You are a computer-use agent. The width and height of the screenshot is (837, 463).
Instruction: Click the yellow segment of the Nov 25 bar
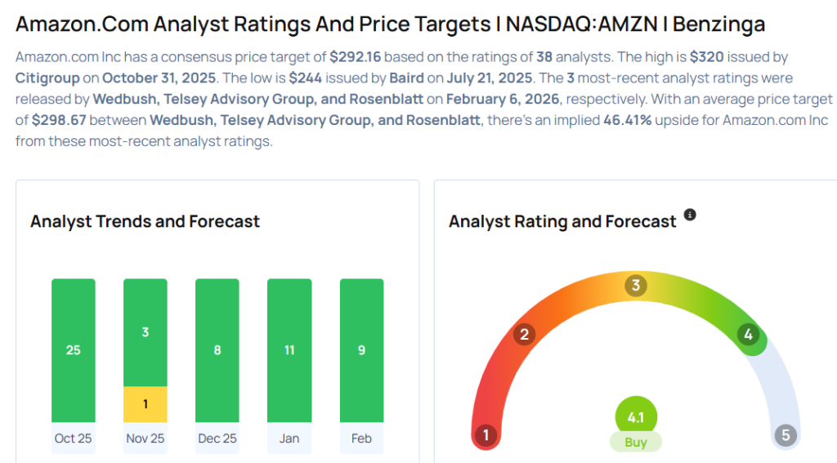tap(145, 404)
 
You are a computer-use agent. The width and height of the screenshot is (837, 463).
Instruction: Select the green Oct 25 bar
tap(74, 350)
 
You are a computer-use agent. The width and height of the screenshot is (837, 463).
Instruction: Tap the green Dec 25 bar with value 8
tap(217, 350)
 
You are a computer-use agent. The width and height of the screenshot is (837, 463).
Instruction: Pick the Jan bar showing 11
tap(289, 350)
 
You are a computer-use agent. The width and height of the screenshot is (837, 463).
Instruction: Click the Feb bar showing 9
tap(361, 350)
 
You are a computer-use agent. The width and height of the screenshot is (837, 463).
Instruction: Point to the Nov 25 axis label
tap(145, 439)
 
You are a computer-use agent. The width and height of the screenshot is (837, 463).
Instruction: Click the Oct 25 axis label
tap(74, 439)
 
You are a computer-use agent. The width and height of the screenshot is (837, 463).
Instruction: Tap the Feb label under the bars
tap(361, 439)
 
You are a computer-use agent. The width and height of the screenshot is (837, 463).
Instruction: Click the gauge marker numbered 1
tap(486, 435)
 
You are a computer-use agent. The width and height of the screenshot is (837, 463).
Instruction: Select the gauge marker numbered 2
tap(525, 334)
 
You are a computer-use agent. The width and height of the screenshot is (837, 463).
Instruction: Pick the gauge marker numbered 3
tap(635, 286)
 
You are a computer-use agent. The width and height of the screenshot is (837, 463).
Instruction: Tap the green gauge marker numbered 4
tap(747, 334)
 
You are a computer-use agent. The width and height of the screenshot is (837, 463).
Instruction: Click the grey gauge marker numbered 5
tap(786, 435)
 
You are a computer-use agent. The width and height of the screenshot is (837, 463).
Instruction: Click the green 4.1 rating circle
tap(636, 417)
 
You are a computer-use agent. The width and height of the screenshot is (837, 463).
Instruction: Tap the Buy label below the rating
tap(636, 443)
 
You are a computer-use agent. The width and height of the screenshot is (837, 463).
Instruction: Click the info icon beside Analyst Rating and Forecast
tap(690, 215)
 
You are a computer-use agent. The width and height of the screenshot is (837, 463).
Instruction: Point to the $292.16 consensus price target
tap(356, 58)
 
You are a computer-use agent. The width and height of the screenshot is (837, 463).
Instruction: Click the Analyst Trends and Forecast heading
tap(145, 221)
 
